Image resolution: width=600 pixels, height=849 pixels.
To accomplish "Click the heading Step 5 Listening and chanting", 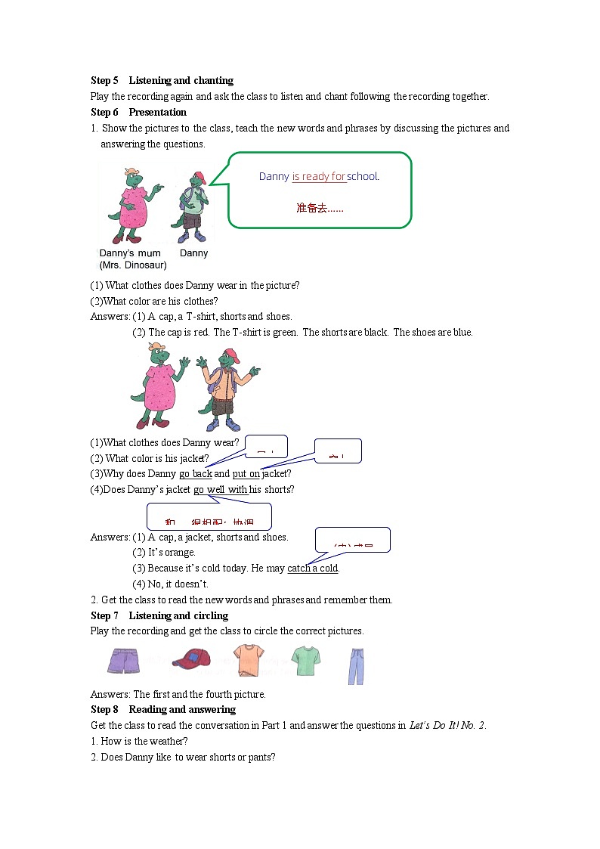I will point(162,80).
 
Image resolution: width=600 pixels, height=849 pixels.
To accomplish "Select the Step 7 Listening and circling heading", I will point(159,615).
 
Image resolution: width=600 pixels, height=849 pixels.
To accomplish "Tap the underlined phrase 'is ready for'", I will point(319,176).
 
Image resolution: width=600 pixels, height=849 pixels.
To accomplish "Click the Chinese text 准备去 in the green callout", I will point(319,208).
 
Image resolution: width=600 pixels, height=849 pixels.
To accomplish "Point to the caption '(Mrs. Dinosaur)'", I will point(133,265).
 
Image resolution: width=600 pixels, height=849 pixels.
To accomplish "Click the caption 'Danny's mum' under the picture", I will point(130,253).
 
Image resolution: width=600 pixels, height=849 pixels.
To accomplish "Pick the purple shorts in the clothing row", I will point(124,660).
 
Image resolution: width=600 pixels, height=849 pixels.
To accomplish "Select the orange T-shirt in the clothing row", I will point(247,660).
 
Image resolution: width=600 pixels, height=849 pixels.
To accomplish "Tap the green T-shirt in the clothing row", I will point(305,661).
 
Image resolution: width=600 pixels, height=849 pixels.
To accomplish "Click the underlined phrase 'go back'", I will point(196,474).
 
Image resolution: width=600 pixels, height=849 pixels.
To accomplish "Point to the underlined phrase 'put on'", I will point(246,474).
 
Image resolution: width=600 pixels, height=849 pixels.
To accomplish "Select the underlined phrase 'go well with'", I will point(221,490).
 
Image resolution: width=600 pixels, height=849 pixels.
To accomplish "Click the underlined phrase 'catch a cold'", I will point(313,569).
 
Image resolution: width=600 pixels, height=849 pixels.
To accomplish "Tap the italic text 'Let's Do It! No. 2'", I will point(447,726).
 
